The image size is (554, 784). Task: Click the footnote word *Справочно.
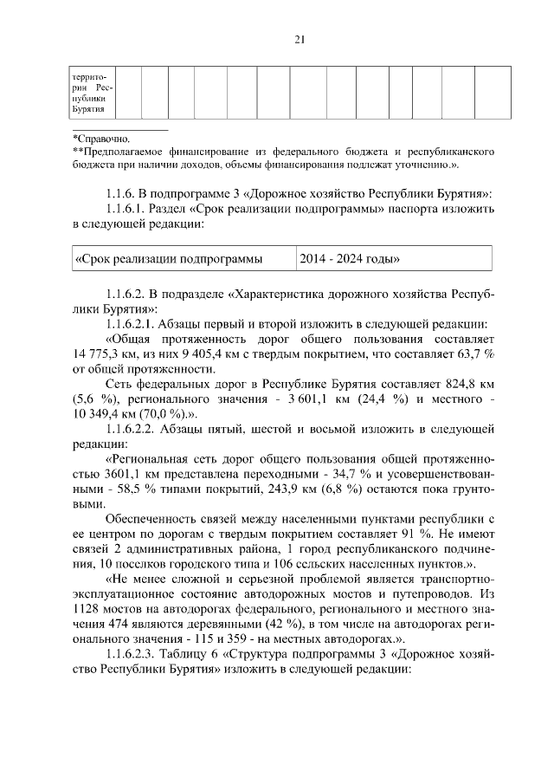pos(102,139)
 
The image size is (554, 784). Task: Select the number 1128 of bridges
pos(87,612)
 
